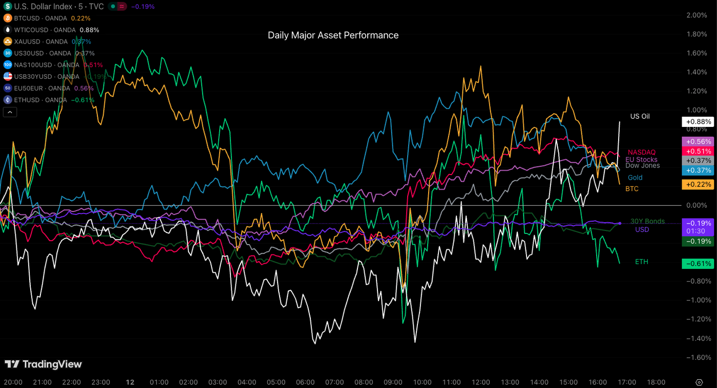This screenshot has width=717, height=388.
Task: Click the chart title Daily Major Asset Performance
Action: pyautogui.click(x=333, y=35)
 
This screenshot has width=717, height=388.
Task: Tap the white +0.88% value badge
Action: pyautogui.click(x=697, y=122)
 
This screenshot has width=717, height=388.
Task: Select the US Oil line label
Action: pyautogui.click(x=640, y=116)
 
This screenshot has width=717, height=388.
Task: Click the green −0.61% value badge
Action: pyautogui.click(x=697, y=264)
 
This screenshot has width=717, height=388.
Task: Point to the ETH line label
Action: pyautogui.click(x=642, y=262)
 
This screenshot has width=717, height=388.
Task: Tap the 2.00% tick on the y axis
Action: pyautogui.click(x=696, y=15)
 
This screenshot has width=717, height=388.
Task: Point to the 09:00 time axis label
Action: pyautogui.click(x=393, y=382)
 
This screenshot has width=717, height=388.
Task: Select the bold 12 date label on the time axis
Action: pyautogui.click(x=130, y=382)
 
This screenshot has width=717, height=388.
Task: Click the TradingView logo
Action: pyautogui.click(x=43, y=364)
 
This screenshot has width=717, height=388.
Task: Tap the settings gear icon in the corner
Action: pyautogui.click(x=699, y=382)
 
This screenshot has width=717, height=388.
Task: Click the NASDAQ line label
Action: pyautogui.click(x=641, y=152)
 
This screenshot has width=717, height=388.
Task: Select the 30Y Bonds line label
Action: pyautogui.click(x=647, y=221)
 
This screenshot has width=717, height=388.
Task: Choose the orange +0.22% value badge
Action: pyautogui.click(x=697, y=184)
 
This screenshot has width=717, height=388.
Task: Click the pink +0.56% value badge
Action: pyautogui.click(x=697, y=141)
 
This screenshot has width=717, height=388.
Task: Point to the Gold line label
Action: pyautogui.click(x=635, y=178)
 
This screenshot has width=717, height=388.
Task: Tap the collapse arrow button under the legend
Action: pyautogui.click(x=10, y=112)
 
